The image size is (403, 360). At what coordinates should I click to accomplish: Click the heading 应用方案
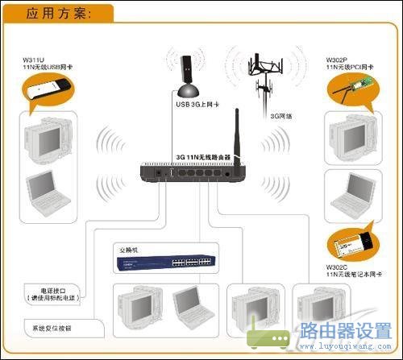pos(58,13)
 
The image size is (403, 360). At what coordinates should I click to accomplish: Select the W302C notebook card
pos(355,242)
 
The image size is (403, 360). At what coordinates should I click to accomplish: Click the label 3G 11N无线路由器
pos(203,156)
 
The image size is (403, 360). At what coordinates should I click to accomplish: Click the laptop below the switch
pos(191,304)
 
